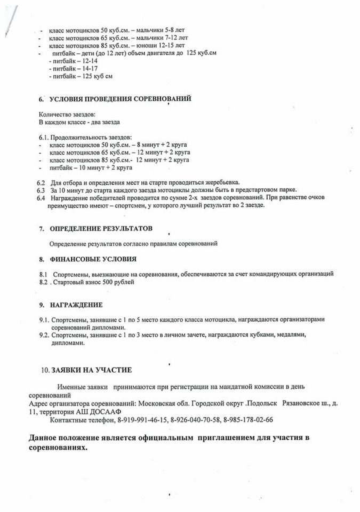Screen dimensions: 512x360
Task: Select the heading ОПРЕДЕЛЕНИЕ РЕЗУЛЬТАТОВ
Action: click(x=101, y=228)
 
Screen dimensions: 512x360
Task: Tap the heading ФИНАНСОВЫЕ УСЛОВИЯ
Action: click(x=93, y=259)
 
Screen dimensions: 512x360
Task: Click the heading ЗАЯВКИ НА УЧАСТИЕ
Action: click(x=91, y=370)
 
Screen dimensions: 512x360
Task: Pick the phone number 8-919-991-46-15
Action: click(x=142, y=420)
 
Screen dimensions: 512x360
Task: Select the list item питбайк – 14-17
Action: click(x=67, y=69)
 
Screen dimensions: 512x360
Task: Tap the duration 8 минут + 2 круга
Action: click(x=162, y=145)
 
